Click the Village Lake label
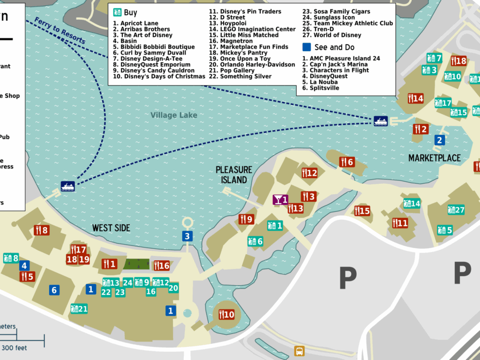click(x=174, y=115)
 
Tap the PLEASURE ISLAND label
click(x=234, y=175)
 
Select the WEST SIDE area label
click(x=111, y=228)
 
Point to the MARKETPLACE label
click(x=434, y=158)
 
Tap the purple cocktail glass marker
click(x=280, y=200)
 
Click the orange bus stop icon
click(x=299, y=351)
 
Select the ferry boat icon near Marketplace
click(x=381, y=121)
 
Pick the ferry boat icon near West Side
click(x=68, y=187)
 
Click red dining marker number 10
click(x=226, y=314)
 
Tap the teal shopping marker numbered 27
click(x=455, y=209)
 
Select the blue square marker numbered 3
click(x=187, y=236)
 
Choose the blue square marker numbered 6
click(x=53, y=290)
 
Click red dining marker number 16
click(x=161, y=266)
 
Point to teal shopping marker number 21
click(x=79, y=309)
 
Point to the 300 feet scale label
click(x=15, y=347)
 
